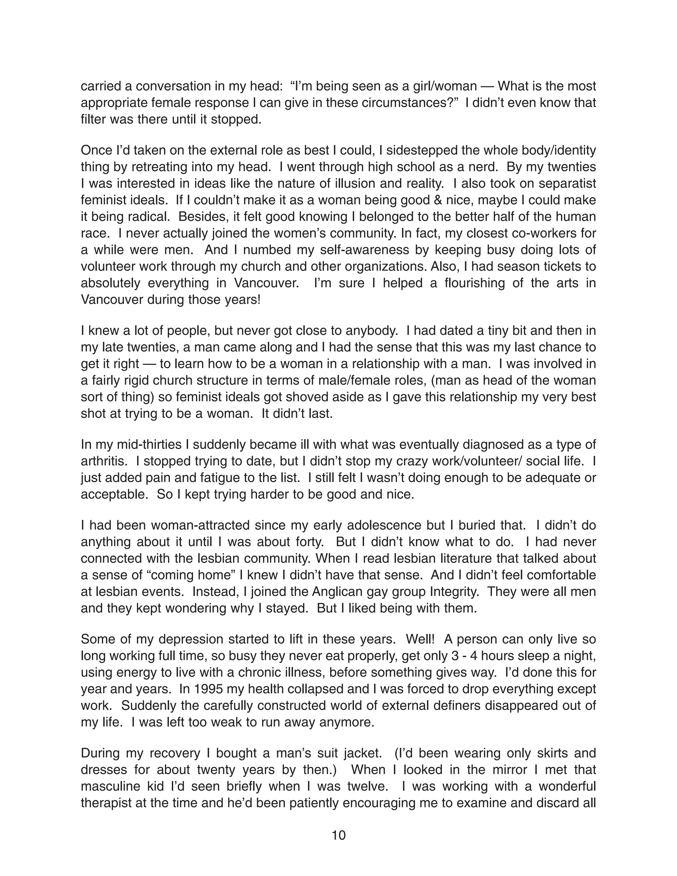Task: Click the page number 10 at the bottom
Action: [338, 835]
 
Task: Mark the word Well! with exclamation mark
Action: [419, 639]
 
